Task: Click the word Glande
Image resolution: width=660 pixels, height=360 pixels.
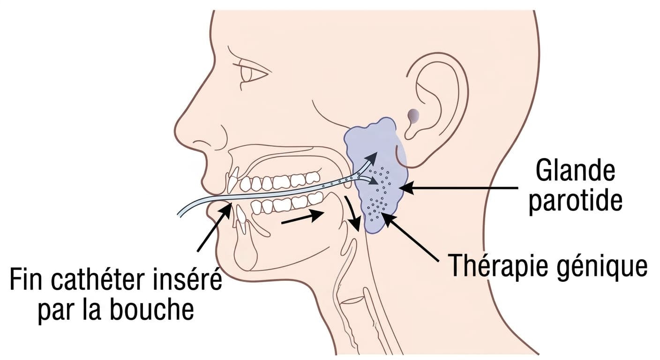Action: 575,171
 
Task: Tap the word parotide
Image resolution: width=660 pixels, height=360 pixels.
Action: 576,202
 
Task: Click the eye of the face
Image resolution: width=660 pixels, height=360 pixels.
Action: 253,73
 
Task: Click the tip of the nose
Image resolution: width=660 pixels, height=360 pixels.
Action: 176,130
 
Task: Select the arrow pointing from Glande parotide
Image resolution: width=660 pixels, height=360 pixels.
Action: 458,188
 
